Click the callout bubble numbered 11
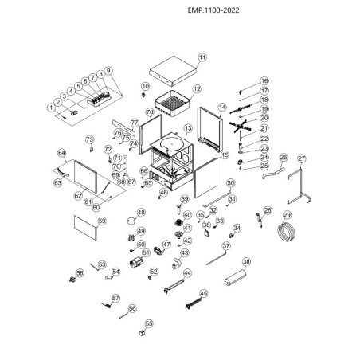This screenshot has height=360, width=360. click(202, 57)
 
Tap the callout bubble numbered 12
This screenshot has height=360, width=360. click(196, 89)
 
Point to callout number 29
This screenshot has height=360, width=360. click(287, 215)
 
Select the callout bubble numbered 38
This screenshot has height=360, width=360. click(246, 261)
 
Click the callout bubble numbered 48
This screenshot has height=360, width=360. click(141, 213)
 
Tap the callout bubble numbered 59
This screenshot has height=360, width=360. click(101, 221)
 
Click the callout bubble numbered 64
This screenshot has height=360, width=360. click(61, 151)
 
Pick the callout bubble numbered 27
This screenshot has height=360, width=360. click(301, 158)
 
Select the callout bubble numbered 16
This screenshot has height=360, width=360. click(264, 81)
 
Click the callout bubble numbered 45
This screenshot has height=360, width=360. click(204, 293)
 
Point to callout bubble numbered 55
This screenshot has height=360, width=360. click(148, 324)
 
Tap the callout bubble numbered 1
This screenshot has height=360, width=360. click(51, 106)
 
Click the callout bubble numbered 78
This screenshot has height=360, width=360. click(149, 113)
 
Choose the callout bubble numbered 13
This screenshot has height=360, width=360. click(188, 128)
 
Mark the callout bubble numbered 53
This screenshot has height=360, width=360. click(102, 264)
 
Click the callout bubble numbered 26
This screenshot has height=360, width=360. click(282, 158)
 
